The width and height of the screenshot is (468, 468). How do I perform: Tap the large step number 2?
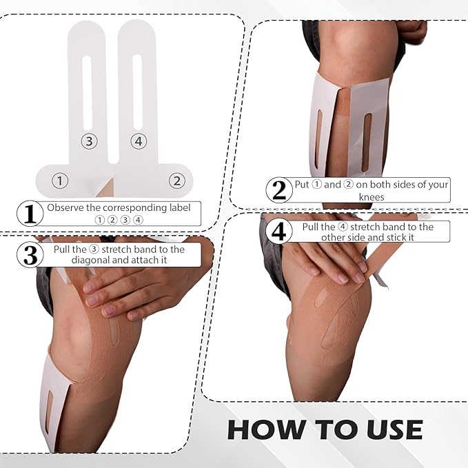pyautogui.click(x=278, y=190)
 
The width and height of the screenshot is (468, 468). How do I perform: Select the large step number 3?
pyautogui.click(x=30, y=254)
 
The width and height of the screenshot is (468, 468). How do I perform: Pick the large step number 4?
pyautogui.click(x=278, y=232)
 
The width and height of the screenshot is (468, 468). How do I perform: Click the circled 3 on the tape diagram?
pyautogui.click(x=88, y=141)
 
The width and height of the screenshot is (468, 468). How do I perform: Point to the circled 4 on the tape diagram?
pyautogui.click(x=138, y=141)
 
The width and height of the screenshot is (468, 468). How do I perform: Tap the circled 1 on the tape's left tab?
pyautogui.click(x=61, y=181)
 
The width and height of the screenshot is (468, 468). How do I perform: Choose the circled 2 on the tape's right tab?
pyautogui.click(x=176, y=181)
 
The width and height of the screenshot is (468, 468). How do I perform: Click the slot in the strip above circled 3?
pyautogui.click(x=87, y=90)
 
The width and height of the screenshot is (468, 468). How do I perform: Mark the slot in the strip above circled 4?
pyautogui.click(x=137, y=90)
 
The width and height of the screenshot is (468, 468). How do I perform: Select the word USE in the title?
pyautogui.click(x=387, y=429)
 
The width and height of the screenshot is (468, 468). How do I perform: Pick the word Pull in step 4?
pyautogui.click(x=312, y=227)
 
